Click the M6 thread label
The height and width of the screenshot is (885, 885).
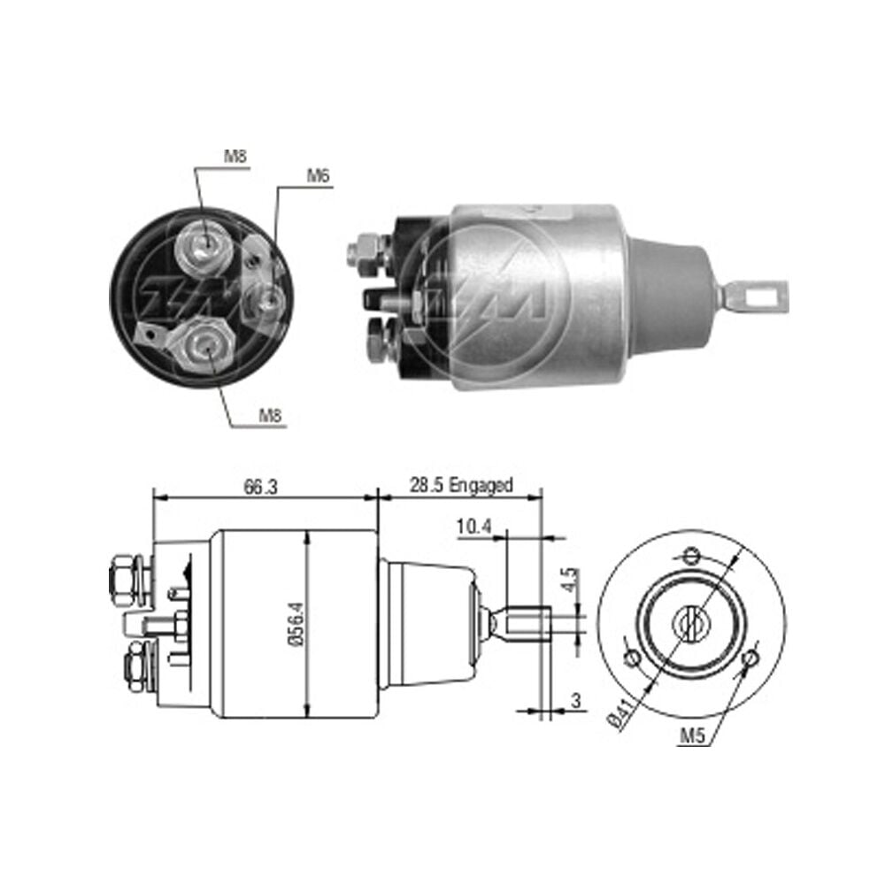click(x=318, y=176)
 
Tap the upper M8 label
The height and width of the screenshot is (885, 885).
click(x=236, y=157)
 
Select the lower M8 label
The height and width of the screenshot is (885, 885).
click(x=270, y=416)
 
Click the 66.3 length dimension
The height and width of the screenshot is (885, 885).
click(x=261, y=486)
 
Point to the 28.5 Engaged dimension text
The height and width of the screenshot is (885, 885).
click(x=461, y=485)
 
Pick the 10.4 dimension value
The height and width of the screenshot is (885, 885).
click(x=474, y=527)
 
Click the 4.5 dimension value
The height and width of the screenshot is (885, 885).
click(x=571, y=581)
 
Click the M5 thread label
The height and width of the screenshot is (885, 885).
click(x=693, y=735)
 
